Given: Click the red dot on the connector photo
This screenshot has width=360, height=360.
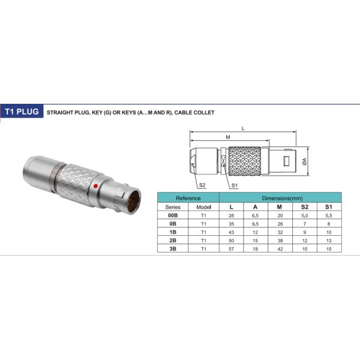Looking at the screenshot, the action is [x=96, y=186].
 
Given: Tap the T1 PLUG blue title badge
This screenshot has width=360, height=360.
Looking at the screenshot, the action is [x=22, y=112].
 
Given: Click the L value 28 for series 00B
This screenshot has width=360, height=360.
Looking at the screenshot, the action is [x=231, y=215].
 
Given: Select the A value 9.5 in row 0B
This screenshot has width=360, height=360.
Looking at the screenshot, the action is [x=255, y=224].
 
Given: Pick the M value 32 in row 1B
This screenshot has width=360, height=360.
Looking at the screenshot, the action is [x=280, y=232].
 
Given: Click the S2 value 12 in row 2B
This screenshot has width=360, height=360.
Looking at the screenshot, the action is [x=305, y=241].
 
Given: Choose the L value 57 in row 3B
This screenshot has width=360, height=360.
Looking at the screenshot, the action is [x=231, y=249].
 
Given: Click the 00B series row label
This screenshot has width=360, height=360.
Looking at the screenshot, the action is [x=173, y=215].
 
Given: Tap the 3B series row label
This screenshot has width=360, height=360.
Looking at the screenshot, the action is [x=173, y=249].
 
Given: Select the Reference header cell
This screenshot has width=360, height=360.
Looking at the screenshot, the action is [x=188, y=198].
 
